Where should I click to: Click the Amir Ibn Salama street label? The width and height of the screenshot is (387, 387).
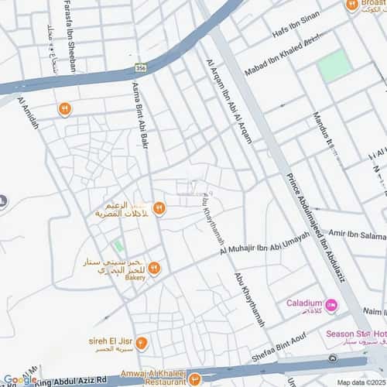point(357,234)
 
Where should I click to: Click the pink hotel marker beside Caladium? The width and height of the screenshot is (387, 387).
point(331,305)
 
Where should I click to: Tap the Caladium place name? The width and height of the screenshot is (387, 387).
point(304,303)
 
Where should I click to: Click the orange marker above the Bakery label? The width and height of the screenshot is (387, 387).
point(153,268)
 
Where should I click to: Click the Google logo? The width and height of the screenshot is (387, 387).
point(20,379)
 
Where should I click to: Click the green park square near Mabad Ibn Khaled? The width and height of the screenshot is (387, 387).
point(335,66)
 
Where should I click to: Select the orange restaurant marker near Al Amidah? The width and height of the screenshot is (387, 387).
point(65,109)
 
